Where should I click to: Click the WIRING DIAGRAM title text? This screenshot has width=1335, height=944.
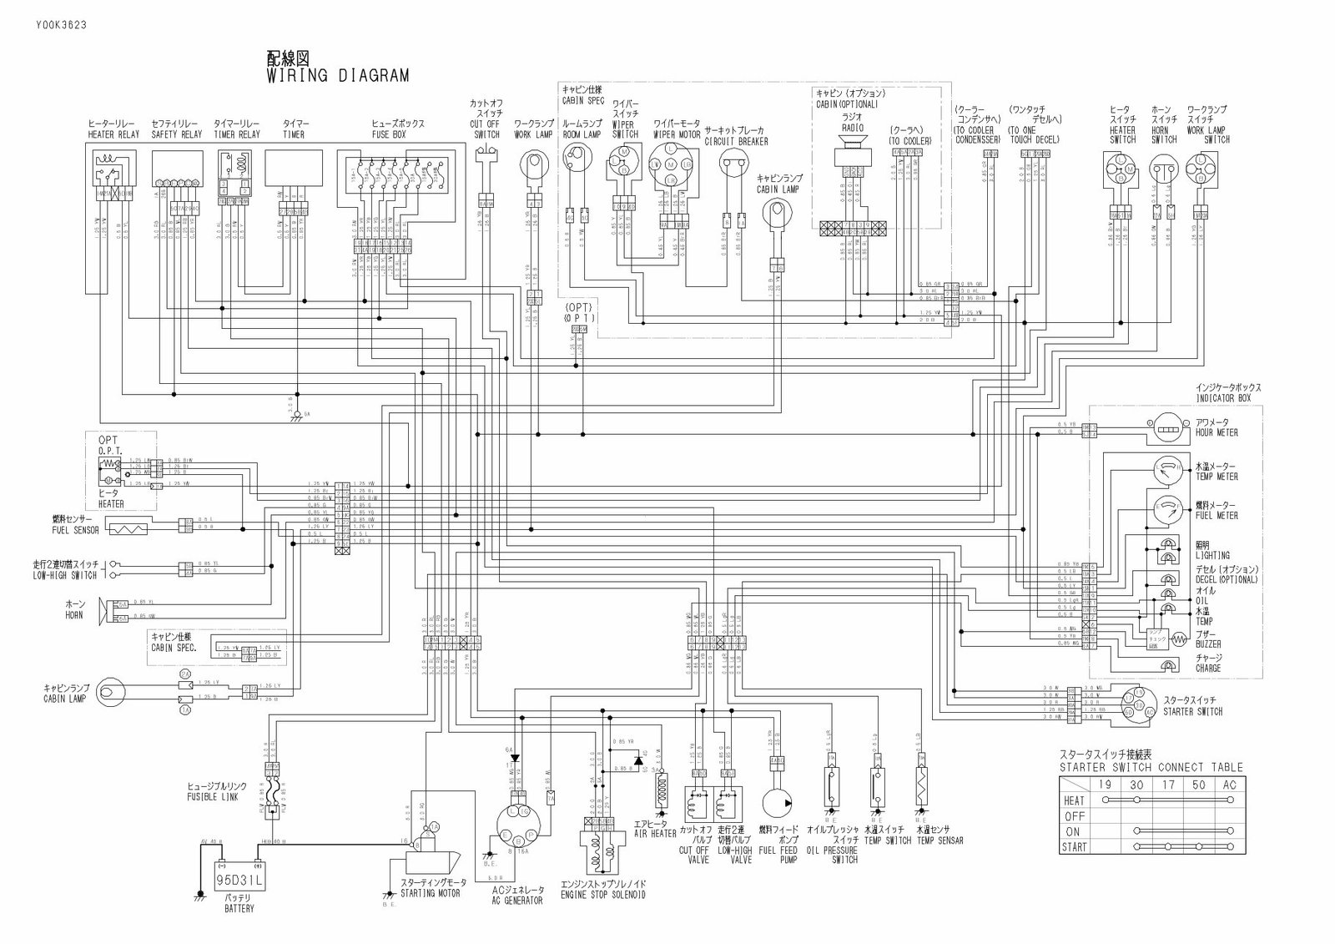coord(337,76)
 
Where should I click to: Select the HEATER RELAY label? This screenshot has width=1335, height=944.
coord(113,134)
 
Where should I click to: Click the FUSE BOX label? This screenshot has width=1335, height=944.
coord(398,134)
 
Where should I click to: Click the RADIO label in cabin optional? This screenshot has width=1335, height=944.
coord(851,128)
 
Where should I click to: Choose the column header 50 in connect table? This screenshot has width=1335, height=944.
coord(1198,785)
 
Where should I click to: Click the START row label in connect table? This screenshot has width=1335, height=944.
coord(1075,847)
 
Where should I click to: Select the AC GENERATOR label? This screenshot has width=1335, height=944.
coord(517,901)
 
